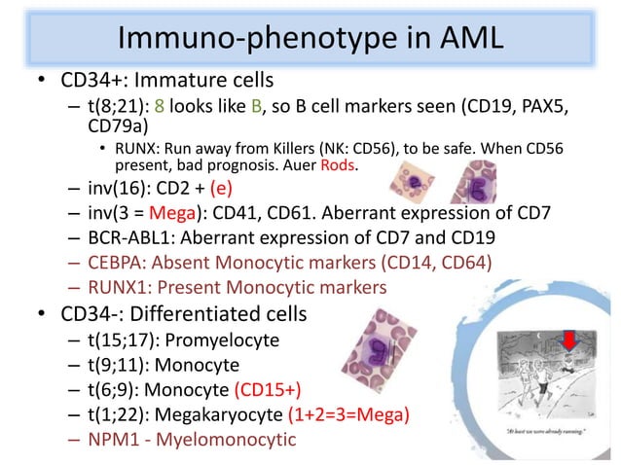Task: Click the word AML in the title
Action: coord(458,38)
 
